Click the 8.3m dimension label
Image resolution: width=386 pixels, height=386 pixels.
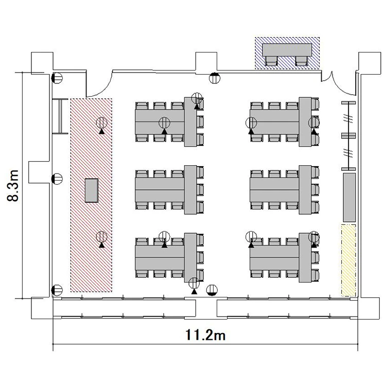click(x=13, y=186)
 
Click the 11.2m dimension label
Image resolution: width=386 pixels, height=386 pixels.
click(x=205, y=335)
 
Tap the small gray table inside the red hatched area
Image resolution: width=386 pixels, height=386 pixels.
click(x=92, y=190)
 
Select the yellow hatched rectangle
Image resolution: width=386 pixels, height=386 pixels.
click(x=348, y=260)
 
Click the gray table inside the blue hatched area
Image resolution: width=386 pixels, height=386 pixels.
click(x=287, y=50)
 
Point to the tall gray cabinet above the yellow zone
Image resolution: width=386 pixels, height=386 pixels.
click(x=349, y=198)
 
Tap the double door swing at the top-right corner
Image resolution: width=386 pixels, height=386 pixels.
click(x=339, y=83)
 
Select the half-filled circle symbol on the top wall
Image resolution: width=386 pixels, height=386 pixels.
click(x=215, y=78)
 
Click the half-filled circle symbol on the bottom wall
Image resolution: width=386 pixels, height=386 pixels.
click(x=212, y=290)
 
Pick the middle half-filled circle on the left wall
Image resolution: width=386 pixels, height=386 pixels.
click(x=57, y=179)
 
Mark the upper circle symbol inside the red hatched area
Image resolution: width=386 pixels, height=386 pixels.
click(x=102, y=123)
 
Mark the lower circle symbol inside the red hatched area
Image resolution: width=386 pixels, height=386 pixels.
click(x=102, y=237)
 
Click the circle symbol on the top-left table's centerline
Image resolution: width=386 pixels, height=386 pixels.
click(x=165, y=122)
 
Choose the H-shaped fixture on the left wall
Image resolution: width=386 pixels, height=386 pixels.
click(x=60, y=116)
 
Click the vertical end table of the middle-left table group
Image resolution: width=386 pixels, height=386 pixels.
click(x=190, y=190)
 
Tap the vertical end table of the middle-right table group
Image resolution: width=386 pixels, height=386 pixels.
click(x=305, y=190)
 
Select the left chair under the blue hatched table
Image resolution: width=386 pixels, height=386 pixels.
click(x=271, y=61)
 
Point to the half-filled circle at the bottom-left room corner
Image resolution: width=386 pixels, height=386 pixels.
click(x=57, y=290)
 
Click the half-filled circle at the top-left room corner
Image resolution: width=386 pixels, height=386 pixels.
click(x=57, y=78)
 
